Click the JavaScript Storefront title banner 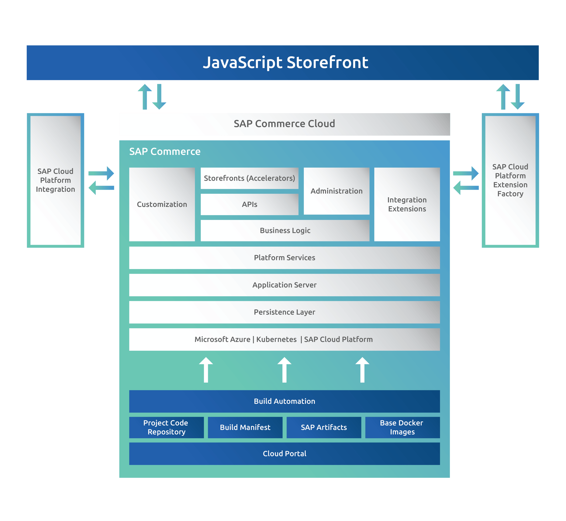click(283, 63)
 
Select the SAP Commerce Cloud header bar click(284, 124)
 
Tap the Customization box click(162, 204)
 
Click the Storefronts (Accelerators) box click(250, 178)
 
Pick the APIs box click(250, 204)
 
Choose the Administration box click(336, 191)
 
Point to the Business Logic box click(285, 231)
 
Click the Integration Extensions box click(407, 204)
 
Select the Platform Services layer click(284, 258)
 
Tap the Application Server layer click(284, 285)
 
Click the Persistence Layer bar click(284, 312)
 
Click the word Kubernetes click(276, 339)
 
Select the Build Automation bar click(284, 401)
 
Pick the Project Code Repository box click(166, 427)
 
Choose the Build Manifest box click(245, 427)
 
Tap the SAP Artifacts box click(324, 427)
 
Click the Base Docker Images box click(402, 427)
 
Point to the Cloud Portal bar click(284, 454)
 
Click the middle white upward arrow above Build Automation click(284, 370)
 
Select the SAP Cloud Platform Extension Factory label click(510, 180)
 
